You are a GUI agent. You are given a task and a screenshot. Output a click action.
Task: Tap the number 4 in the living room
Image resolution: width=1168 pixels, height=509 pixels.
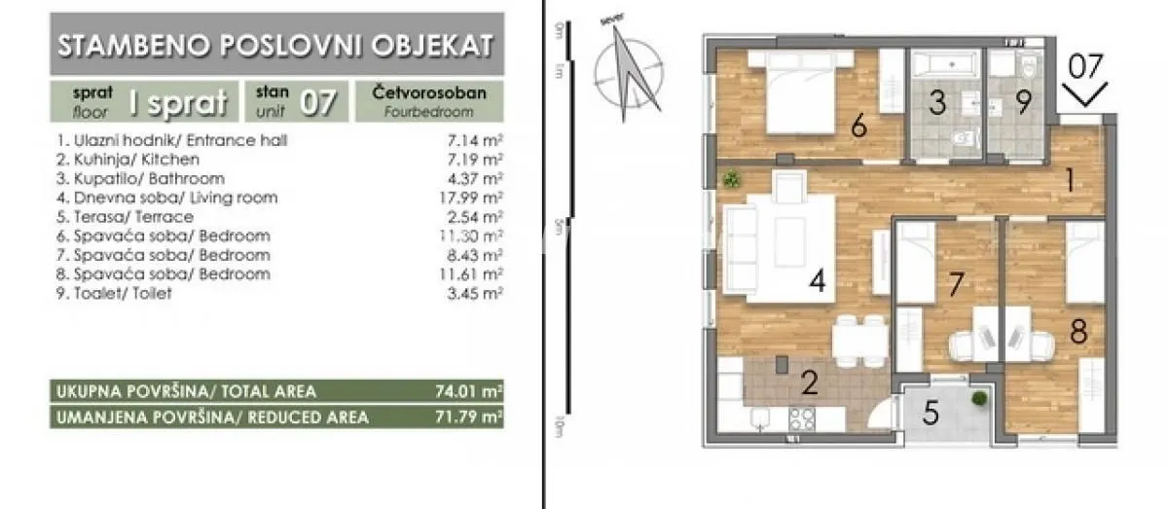(x=818, y=282)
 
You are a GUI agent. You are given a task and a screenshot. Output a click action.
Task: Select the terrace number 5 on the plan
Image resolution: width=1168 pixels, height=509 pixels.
(x=931, y=414)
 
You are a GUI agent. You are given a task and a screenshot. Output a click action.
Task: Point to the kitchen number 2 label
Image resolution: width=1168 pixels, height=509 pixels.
(x=809, y=382)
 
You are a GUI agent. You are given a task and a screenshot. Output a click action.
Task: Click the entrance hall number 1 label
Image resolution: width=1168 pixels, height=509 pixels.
(x=1069, y=180)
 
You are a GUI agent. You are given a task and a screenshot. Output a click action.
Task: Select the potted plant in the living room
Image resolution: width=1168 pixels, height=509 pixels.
(x=732, y=178)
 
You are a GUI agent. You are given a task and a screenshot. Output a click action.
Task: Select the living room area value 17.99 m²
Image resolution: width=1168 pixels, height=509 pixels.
(x=474, y=198)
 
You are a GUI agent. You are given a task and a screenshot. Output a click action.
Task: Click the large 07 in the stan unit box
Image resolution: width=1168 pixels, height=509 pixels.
(x=318, y=102)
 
